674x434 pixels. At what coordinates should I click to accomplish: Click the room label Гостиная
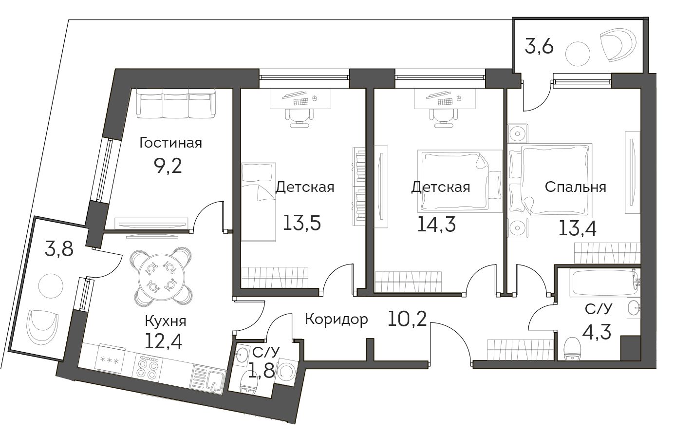click(x=170, y=143)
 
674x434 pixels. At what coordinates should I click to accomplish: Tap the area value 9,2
click(x=168, y=166)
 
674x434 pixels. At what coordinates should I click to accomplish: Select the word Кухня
click(x=166, y=321)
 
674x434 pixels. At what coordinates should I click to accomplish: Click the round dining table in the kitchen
click(x=160, y=275)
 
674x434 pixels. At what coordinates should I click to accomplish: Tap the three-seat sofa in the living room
click(x=176, y=103)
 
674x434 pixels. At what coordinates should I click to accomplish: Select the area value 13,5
click(x=302, y=223)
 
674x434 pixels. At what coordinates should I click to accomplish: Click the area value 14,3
click(x=436, y=225)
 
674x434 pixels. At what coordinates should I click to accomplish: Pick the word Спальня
click(x=576, y=187)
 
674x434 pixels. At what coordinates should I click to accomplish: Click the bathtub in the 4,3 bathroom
click(x=605, y=283)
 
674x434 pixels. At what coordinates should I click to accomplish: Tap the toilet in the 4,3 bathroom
click(x=572, y=349)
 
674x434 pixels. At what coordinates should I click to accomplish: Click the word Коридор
click(x=337, y=320)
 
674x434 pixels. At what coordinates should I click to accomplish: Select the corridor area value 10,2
click(x=407, y=319)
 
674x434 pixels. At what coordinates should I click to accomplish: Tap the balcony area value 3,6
click(x=539, y=47)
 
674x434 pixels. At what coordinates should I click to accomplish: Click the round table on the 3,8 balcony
click(x=51, y=286)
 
